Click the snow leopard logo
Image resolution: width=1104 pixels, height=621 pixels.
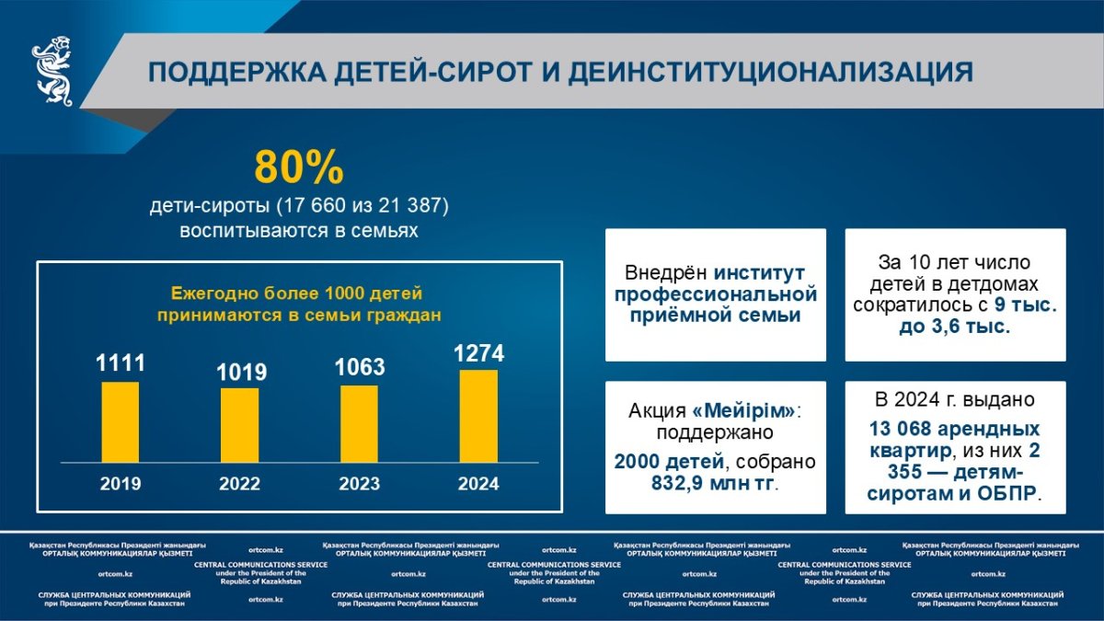[52, 71]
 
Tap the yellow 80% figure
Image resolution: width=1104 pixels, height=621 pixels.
[299, 167]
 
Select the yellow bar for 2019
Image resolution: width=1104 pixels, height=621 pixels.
[121, 422]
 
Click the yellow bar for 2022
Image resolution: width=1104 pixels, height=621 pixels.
[239, 425]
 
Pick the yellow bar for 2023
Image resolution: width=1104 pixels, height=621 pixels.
[360, 424]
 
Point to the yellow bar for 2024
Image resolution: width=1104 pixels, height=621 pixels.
[478, 417]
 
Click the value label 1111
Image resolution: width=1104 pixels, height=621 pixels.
[121, 363]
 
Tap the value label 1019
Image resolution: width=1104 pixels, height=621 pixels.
[241, 372]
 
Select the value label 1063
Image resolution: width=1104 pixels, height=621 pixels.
[360, 367]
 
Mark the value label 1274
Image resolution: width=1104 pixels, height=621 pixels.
[479, 353]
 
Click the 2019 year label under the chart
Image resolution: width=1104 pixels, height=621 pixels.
[121, 484]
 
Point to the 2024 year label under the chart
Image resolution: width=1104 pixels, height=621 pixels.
[478, 484]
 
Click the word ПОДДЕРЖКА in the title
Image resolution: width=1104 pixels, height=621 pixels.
[237, 72]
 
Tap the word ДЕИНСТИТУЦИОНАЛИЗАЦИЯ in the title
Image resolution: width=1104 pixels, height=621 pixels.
[771, 72]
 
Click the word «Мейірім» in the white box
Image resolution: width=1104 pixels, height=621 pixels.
[743, 410]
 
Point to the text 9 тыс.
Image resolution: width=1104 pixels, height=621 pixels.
[1026, 305]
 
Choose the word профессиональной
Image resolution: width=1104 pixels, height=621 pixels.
[716, 294]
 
